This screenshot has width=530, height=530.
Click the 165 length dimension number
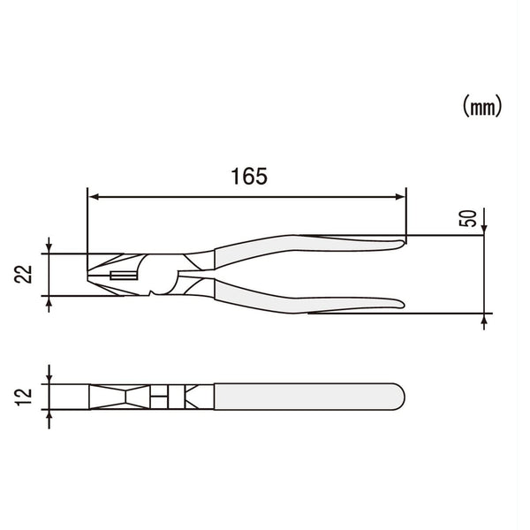pyautogui.click(x=249, y=176)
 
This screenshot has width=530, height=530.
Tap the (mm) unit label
pyautogui.click(x=481, y=107)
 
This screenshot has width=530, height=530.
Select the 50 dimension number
pyautogui.click(x=469, y=219)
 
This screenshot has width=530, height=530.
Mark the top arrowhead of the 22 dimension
pyautogui.click(x=49, y=248)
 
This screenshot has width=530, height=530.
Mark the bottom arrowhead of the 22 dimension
pyautogui.click(x=49, y=303)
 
